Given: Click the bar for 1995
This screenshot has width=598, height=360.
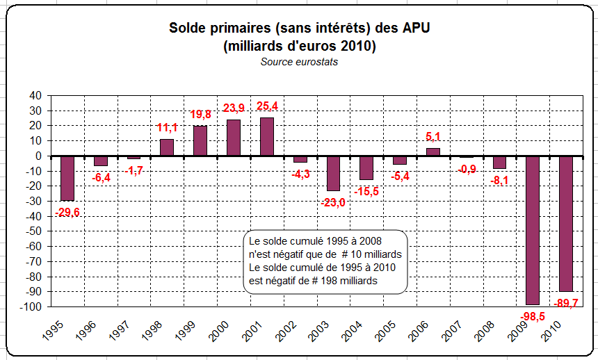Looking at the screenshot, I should point(67,178).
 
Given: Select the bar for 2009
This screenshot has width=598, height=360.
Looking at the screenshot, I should point(533,230).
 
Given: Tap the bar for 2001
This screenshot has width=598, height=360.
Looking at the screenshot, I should point(267,137).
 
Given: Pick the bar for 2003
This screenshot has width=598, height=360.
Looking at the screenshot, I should point(334,173).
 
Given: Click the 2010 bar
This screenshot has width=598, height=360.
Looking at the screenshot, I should point(566,223).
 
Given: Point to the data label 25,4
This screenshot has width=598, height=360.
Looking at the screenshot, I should point(267,106).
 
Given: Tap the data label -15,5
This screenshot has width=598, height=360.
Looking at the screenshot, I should point(367,191).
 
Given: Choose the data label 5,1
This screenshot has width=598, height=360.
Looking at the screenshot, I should point(433,137).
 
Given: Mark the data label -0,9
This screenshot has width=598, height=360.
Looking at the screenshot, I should point(467,169).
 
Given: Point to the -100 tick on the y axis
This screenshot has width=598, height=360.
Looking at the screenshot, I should point(31,307).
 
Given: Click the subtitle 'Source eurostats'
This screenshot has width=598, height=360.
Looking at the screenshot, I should point(298,61).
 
